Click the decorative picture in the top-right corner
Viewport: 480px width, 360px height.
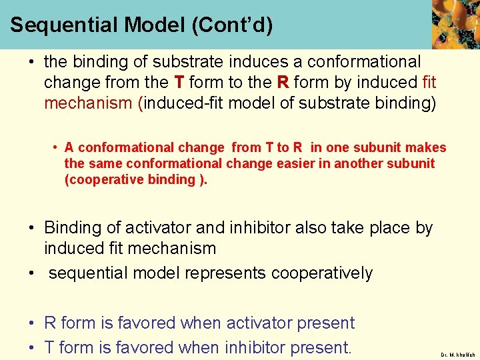click(455, 24)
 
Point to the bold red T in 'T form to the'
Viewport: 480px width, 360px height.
click(179, 83)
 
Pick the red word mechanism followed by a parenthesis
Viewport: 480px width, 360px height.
click(89, 103)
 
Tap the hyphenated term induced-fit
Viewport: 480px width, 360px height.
click(181, 103)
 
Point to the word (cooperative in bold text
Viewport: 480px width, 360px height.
click(103, 179)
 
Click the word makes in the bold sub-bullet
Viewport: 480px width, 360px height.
click(427, 147)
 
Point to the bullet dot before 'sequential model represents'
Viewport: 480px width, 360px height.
click(31, 273)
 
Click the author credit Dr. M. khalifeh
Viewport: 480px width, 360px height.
click(457, 355)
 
